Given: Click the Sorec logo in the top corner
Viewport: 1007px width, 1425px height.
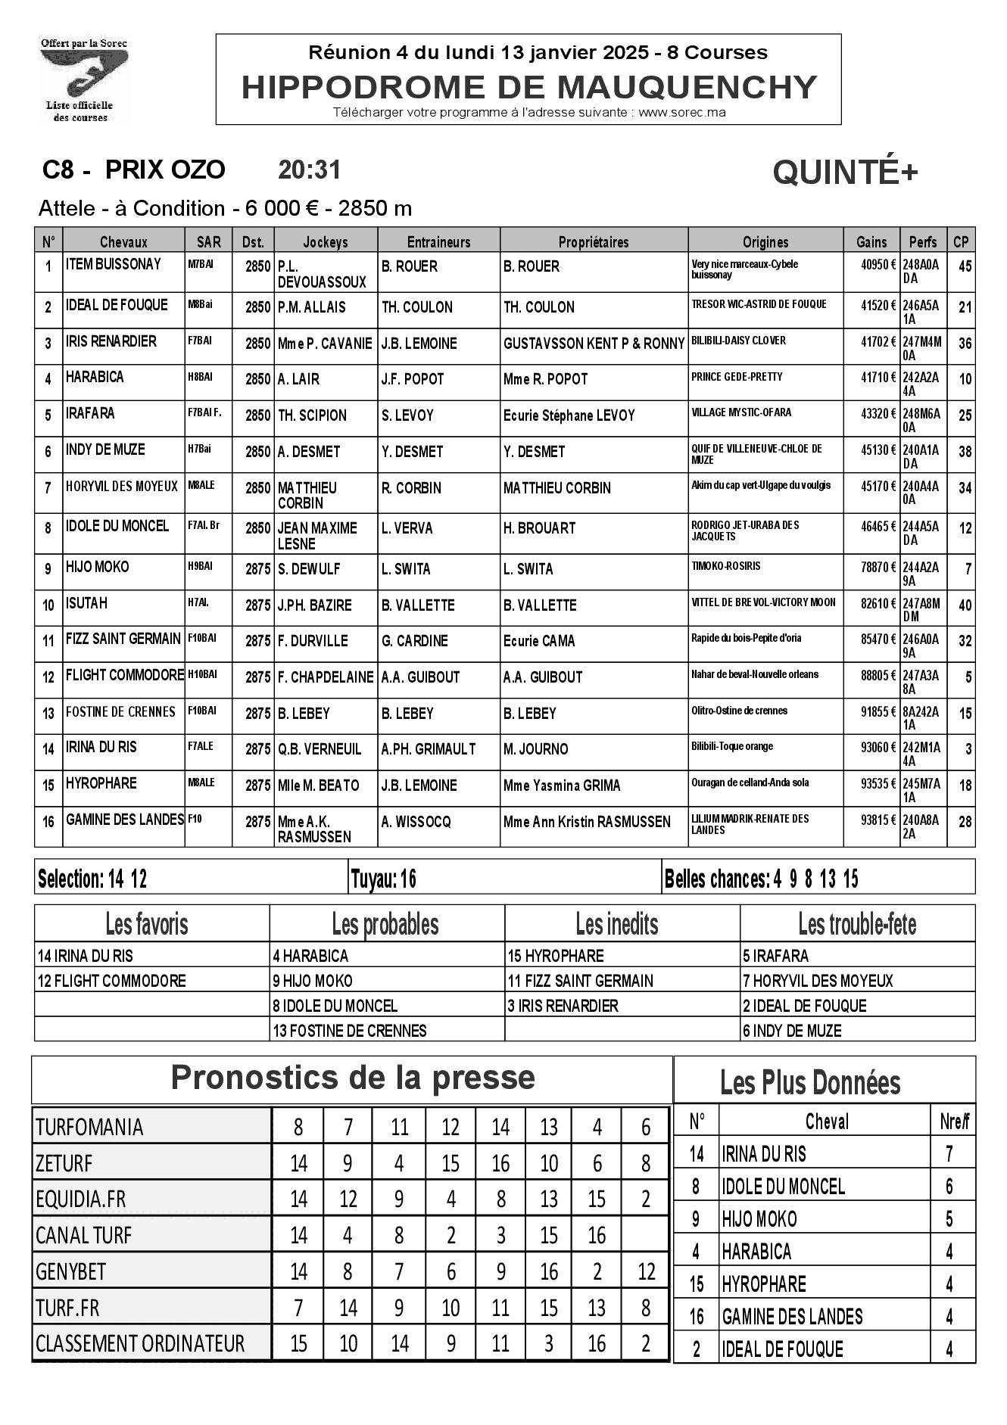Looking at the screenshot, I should tap(84, 79).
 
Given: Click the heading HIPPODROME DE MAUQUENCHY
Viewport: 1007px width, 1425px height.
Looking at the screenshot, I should tap(528, 87).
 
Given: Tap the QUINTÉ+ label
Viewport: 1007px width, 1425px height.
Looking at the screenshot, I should tap(845, 173).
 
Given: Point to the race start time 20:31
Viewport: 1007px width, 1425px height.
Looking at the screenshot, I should tap(310, 170).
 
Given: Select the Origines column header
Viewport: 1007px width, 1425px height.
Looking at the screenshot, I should tap(765, 242).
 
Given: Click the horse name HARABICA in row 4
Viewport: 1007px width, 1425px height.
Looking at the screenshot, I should tap(95, 377).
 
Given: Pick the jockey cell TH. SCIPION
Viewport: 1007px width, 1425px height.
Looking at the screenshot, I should tap(312, 415).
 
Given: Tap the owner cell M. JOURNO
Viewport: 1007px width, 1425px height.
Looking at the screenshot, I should tap(535, 749).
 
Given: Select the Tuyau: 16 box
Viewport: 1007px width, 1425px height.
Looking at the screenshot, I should tap(384, 879).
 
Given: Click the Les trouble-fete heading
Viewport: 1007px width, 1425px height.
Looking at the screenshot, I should tap(857, 924).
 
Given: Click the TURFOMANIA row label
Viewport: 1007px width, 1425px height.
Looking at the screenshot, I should tap(89, 1127).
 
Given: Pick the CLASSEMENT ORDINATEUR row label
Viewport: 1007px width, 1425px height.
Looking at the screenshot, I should tap(140, 1343).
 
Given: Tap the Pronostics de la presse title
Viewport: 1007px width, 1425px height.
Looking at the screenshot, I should tap(353, 1077).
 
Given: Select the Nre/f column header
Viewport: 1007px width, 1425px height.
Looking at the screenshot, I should tap(954, 1122).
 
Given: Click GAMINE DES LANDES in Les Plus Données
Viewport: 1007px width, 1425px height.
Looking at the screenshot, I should tap(792, 1317).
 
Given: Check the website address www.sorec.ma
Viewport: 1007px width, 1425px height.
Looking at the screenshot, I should tap(682, 113).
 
